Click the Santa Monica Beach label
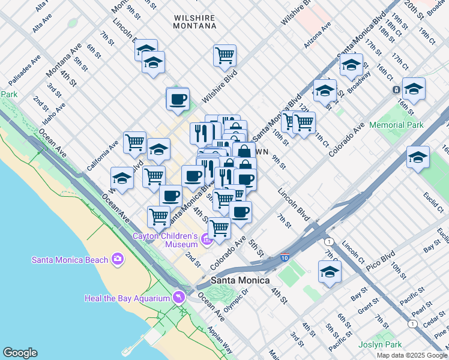[x=70, y=259]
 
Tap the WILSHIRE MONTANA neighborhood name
[x=194, y=22]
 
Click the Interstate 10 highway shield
[x=284, y=259]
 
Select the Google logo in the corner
[x=20, y=353]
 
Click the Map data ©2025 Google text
[x=411, y=355]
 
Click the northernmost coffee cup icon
[x=178, y=99]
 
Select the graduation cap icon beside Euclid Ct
[x=418, y=158]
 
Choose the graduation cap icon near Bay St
[x=330, y=272]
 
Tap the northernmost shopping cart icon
[x=224, y=55]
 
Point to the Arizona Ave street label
[x=318, y=35]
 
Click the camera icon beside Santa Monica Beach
[x=117, y=259]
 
